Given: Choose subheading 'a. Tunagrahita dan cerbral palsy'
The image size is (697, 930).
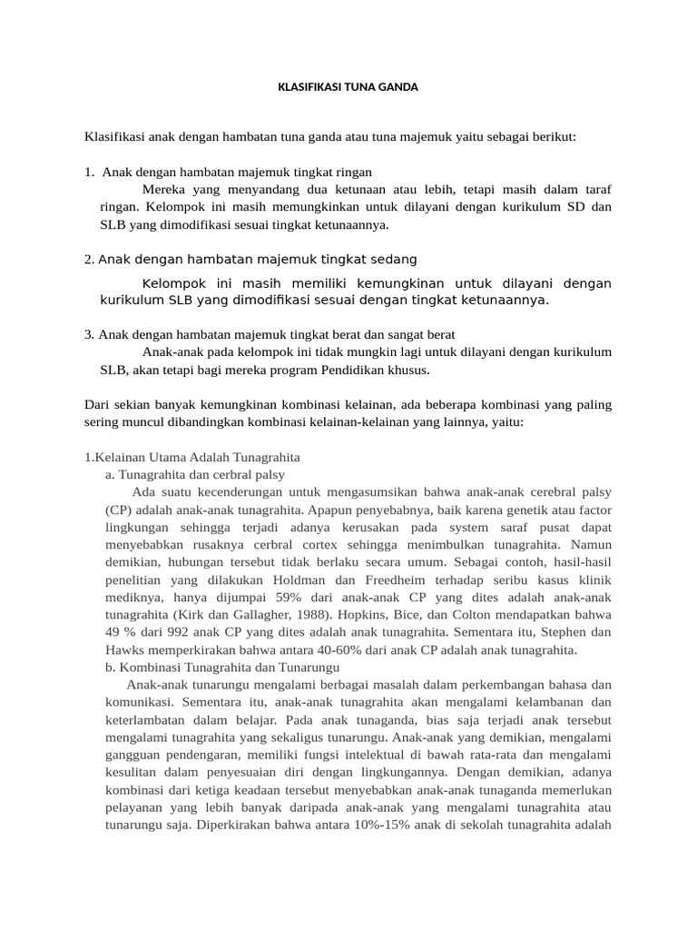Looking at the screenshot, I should click(x=195, y=474).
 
